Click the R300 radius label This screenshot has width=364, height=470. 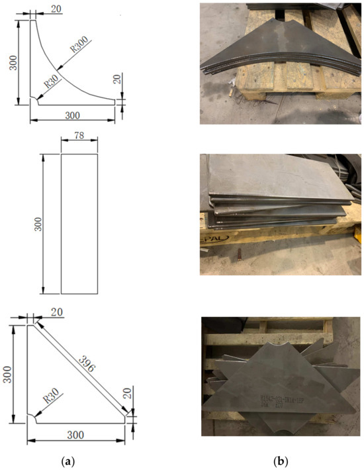(80, 46)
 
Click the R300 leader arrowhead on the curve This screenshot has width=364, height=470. (59, 68)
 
